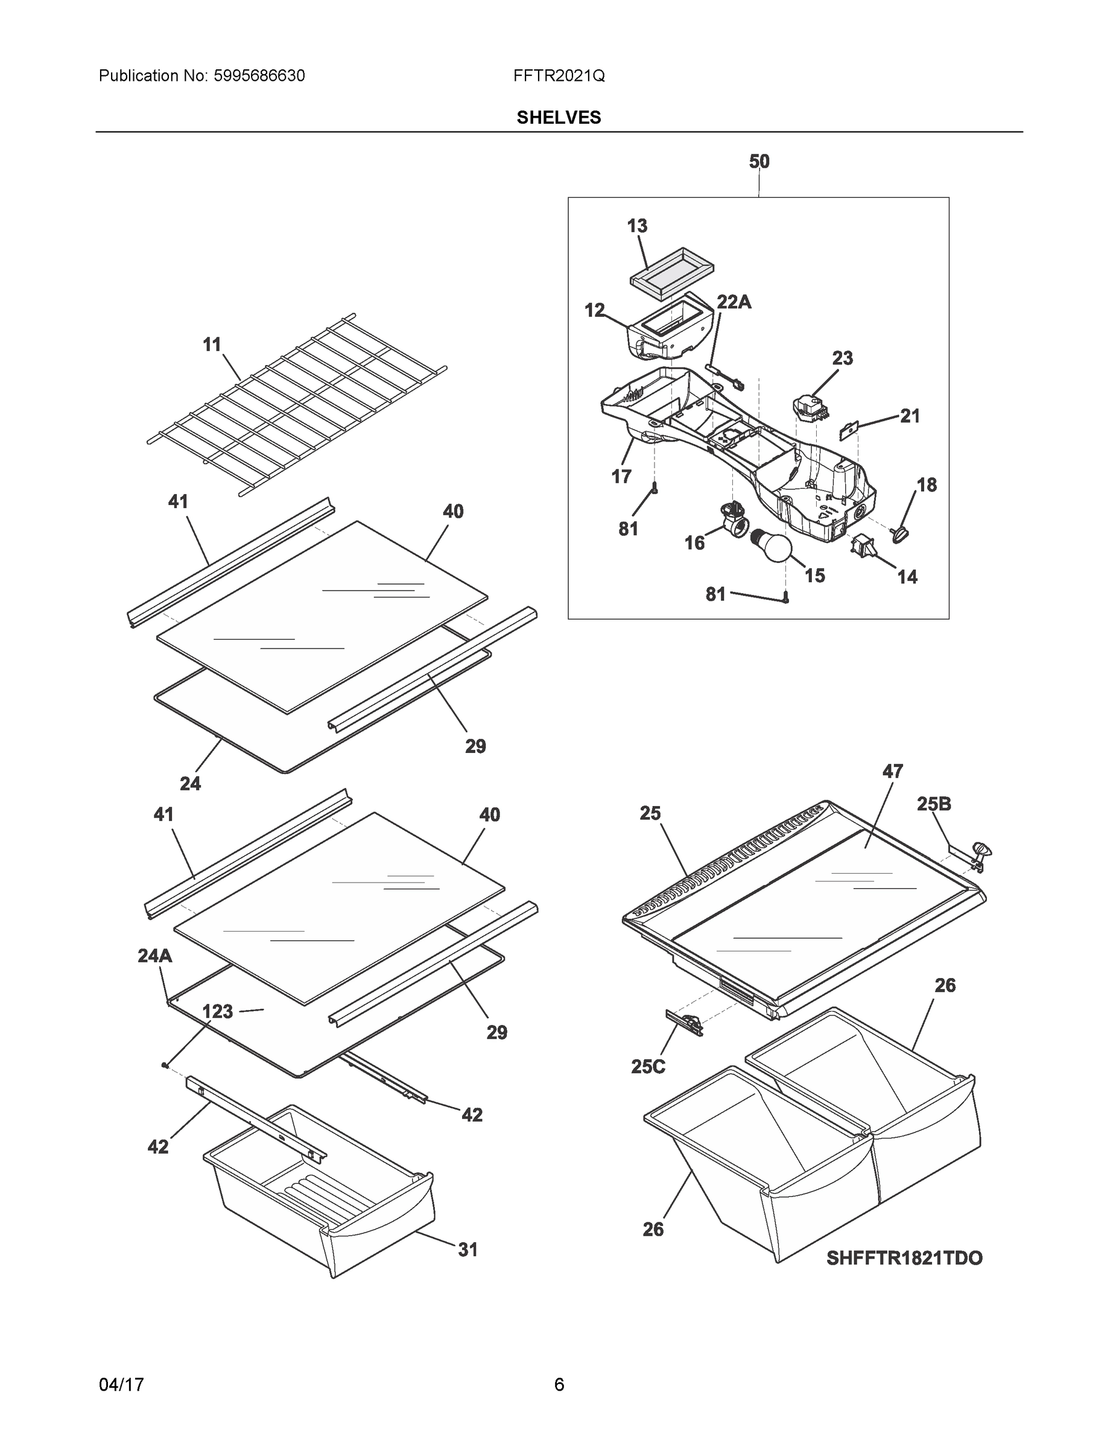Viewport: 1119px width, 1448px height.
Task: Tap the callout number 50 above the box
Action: click(x=759, y=161)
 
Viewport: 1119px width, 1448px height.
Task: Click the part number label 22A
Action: click(x=734, y=302)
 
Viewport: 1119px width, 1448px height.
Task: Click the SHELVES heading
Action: click(x=559, y=118)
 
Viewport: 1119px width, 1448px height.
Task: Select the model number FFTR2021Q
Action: click(x=559, y=75)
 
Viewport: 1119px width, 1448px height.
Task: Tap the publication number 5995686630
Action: click(x=259, y=75)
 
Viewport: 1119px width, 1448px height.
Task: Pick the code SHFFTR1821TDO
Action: click(x=904, y=1259)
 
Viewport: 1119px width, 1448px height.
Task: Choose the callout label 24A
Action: click(x=154, y=956)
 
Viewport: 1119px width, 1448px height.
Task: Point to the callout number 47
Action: click(x=892, y=771)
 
